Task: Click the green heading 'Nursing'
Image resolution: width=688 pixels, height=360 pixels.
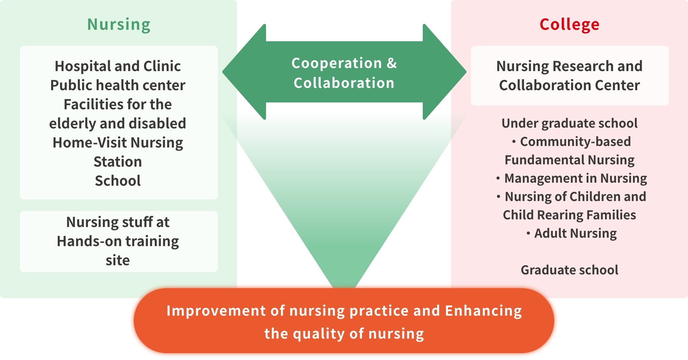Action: coord(119,24)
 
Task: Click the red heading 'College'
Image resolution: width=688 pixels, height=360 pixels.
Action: coord(570,24)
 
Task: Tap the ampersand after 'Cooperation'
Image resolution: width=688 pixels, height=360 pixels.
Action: coord(392,63)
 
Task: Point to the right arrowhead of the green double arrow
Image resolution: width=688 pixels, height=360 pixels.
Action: coord(445,72)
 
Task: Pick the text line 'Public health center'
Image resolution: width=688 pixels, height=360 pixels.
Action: coord(118,85)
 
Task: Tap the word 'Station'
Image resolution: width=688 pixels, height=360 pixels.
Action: coord(118,162)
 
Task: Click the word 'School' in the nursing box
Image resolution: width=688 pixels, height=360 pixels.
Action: coord(118,181)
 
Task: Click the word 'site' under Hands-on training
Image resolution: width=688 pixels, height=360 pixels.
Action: coord(118,260)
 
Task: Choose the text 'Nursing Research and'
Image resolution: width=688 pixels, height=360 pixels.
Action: coord(570,66)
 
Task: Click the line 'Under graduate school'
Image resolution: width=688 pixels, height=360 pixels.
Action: coord(570,123)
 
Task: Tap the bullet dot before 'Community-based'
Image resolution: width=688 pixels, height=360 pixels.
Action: coord(514,142)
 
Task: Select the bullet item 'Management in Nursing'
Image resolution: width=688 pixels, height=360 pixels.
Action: coord(571,178)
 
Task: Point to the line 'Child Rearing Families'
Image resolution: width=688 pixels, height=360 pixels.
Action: coord(570,215)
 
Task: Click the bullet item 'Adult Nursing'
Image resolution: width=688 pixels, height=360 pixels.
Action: coord(571,234)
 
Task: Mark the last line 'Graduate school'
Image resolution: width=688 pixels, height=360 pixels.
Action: coord(570,270)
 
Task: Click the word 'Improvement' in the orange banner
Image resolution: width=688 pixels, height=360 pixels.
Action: coord(216,311)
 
